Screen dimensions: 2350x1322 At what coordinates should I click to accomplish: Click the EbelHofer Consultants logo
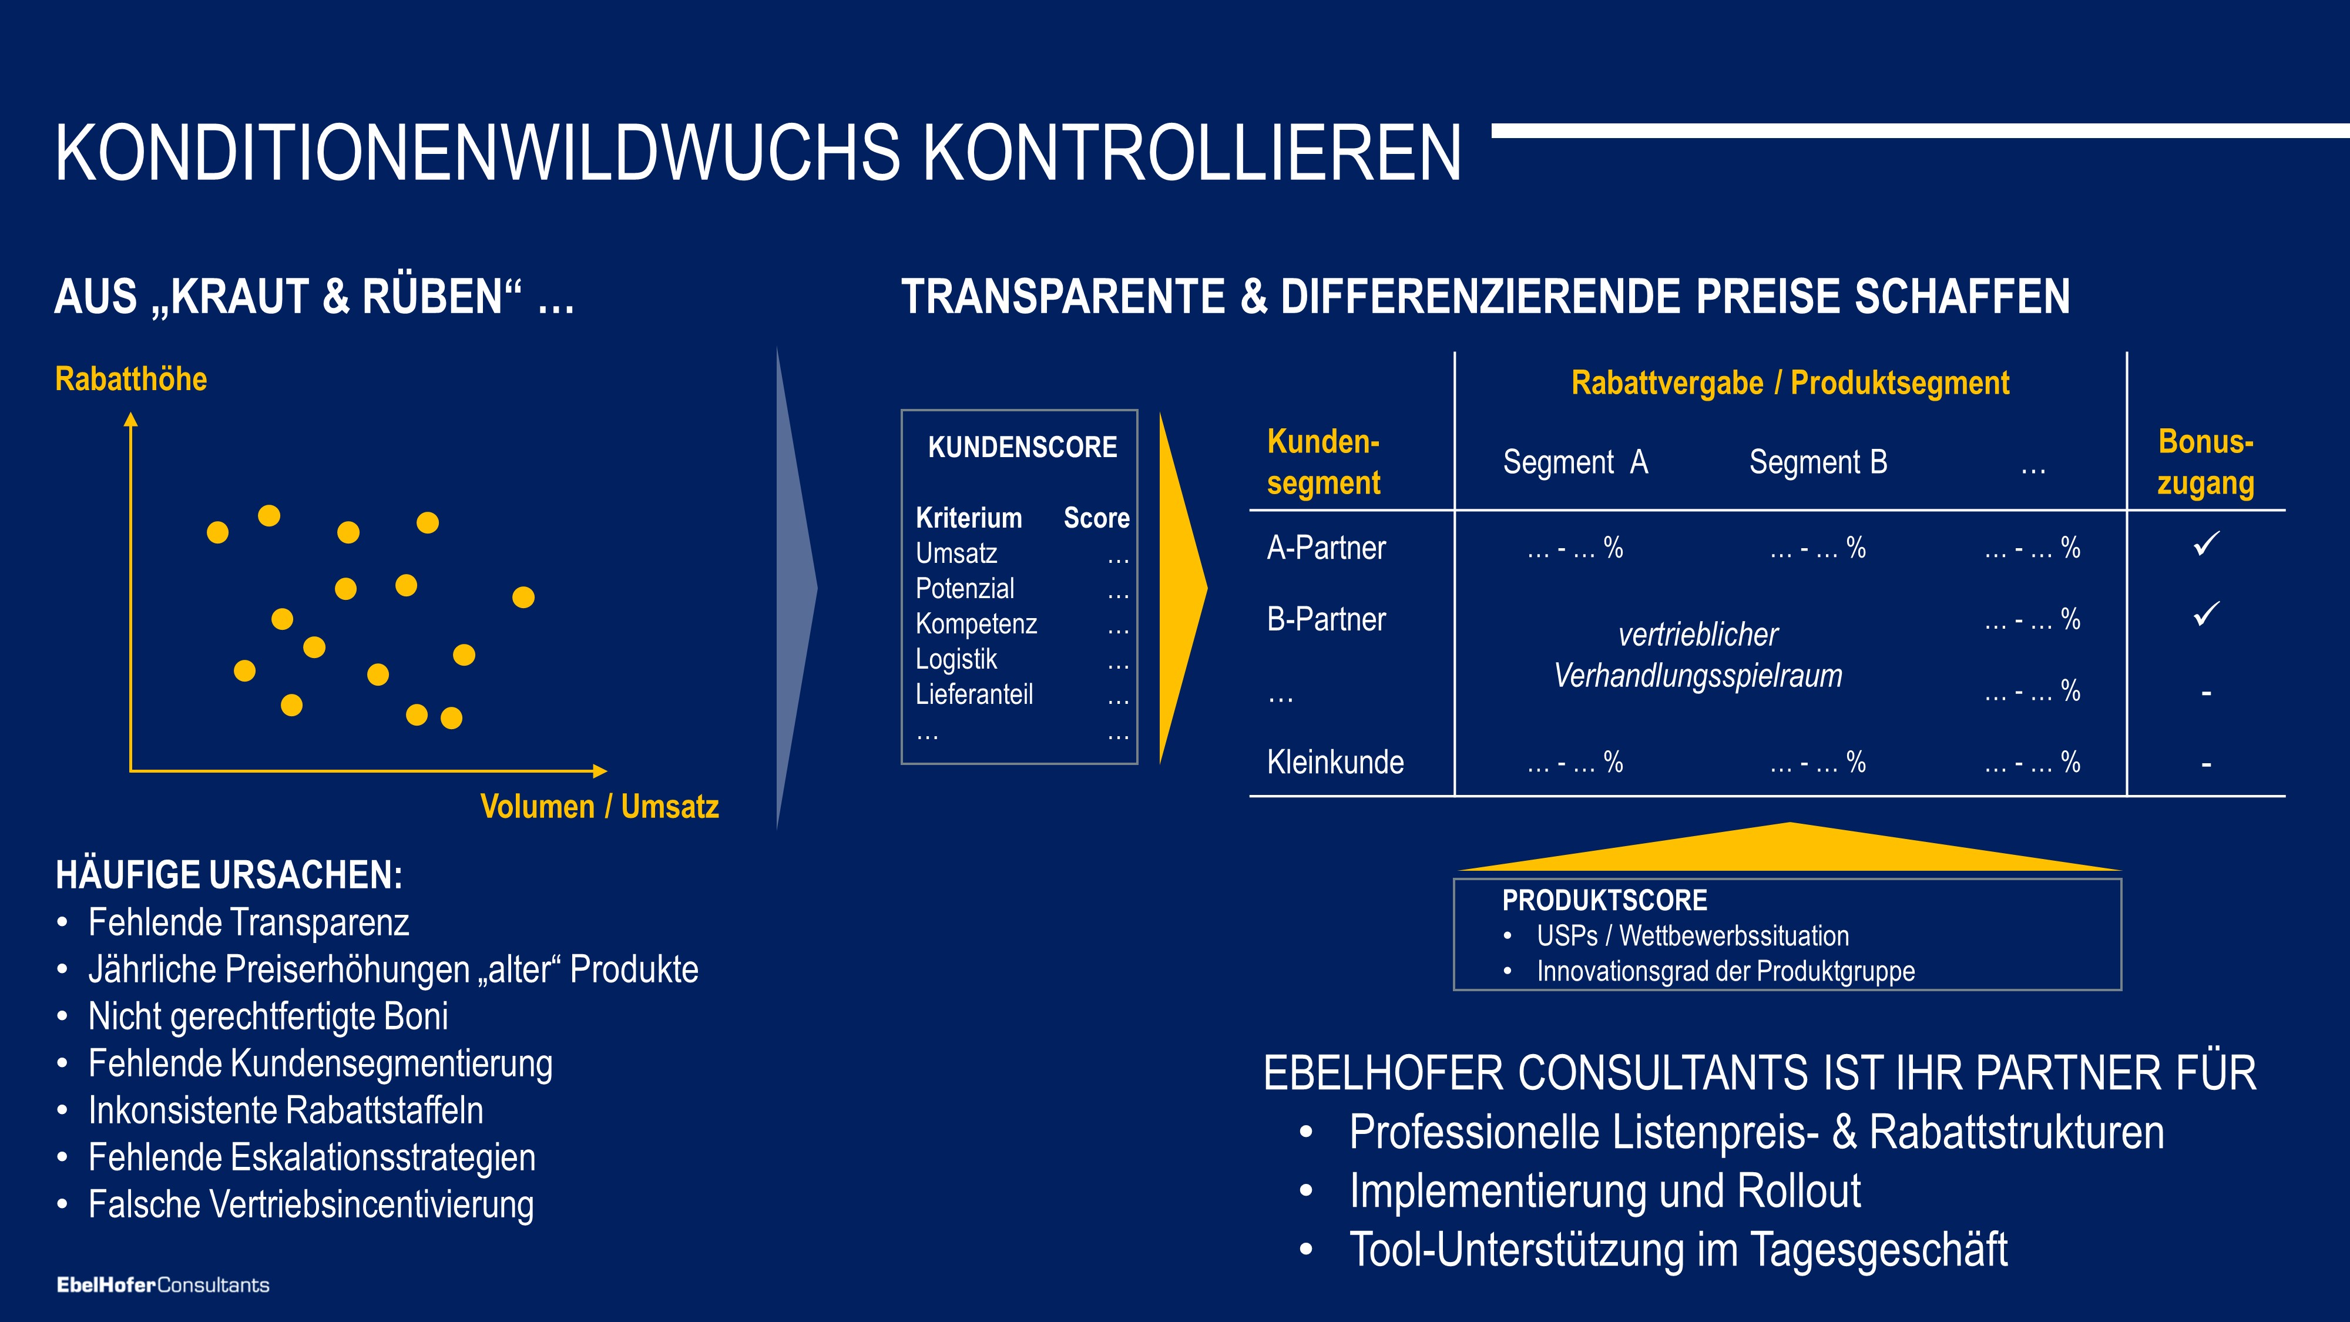coord(163,1284)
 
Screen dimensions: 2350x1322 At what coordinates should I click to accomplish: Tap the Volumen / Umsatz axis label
coord(599,807)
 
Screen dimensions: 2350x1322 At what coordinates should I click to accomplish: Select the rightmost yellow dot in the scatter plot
coord(523,598)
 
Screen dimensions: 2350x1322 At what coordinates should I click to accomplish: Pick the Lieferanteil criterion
coord(974,694)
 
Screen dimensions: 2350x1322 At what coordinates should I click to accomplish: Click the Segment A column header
coord(1576,462)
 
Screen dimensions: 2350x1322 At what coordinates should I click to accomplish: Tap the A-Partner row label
coord(1327,548)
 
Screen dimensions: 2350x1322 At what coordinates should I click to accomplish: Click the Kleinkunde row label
coord(1335,762)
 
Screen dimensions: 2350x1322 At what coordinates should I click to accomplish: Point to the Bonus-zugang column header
coord(2206,462)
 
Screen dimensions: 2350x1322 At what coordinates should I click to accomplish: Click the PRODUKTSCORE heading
coord(1604,901)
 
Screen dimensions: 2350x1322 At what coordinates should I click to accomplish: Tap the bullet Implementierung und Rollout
coord(1604,1192)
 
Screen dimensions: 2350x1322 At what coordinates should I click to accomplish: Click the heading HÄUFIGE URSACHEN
coord(229,875)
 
